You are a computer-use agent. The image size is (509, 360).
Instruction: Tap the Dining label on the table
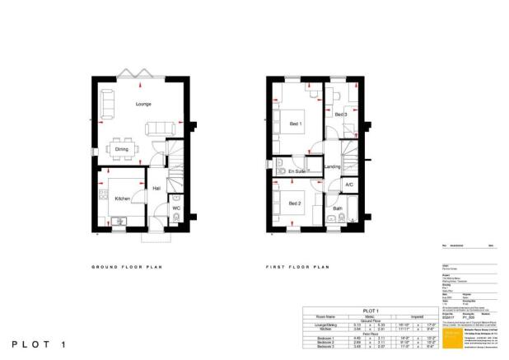click(121, 149)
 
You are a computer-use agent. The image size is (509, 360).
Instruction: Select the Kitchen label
click(123, 199)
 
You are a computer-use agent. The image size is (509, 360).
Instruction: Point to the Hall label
click(156, 189)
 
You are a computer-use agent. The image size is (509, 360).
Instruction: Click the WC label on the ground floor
click(175, 208)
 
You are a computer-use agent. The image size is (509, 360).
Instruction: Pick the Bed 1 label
click(295, 124)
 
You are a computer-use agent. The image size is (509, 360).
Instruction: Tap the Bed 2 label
click(294, 203)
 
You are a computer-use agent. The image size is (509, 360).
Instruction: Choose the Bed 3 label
click(340, 115)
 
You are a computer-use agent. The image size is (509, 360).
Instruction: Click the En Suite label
click(297, 171)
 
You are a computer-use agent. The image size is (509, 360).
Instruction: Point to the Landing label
click(333, 168)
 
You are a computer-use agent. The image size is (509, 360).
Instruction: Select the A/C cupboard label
click(349, 185)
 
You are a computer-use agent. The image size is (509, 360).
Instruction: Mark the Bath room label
click(338, 209)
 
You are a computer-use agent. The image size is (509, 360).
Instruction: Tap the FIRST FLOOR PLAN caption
click(297, 268)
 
